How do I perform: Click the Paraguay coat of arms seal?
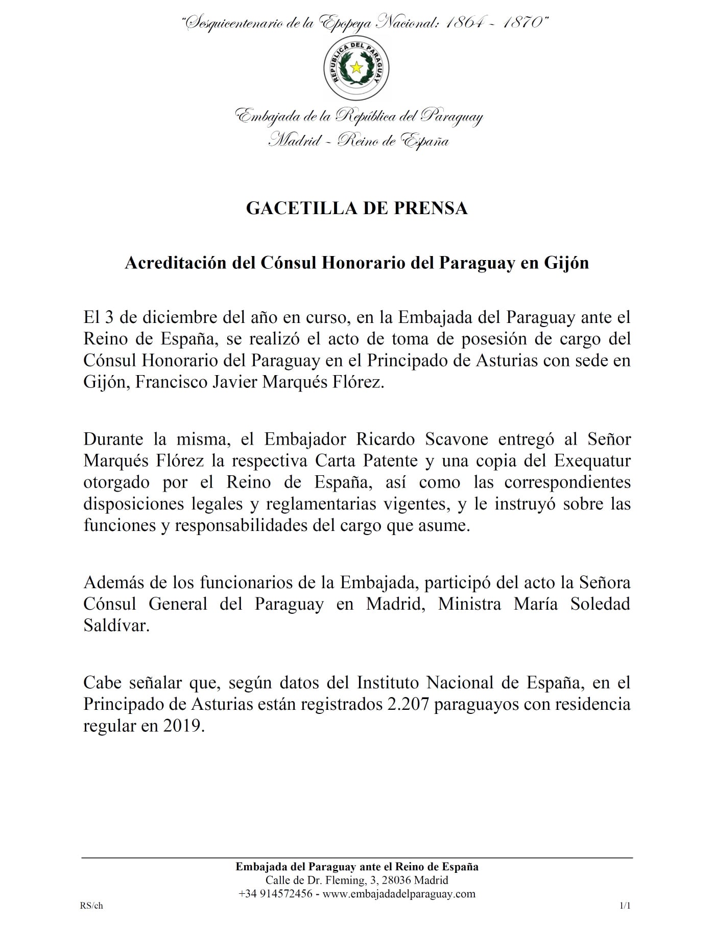coord(357,67)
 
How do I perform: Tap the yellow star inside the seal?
coord(357,67)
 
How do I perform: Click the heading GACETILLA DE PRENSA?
coord(357,209)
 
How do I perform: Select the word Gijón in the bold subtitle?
coord(568,263)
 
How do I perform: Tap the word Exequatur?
coord(592,460)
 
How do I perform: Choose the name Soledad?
coord(593,604)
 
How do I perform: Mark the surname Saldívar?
coord(116,626)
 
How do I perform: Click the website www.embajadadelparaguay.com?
coord(399,894)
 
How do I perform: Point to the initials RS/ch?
coord(91,906)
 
